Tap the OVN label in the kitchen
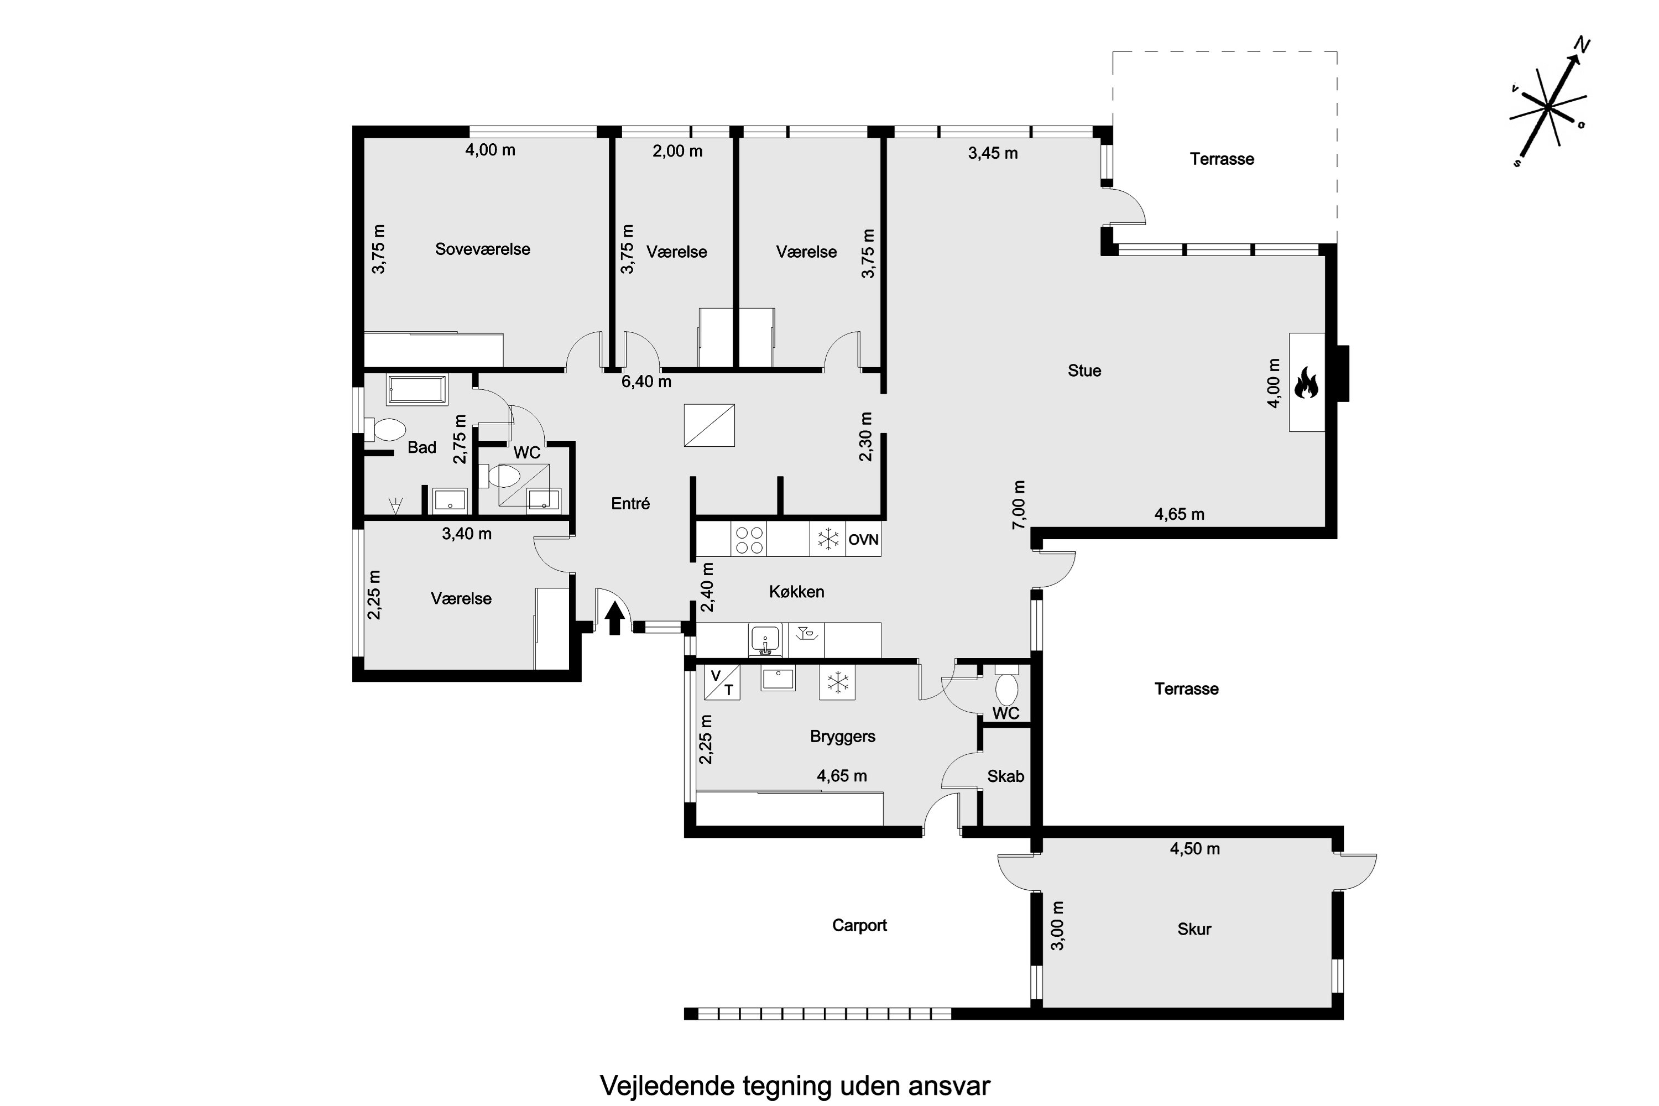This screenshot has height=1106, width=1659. click(x=863, y=540)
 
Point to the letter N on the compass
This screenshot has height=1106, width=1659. click(x=1582, y=46)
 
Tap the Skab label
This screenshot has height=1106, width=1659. click(x=1005, y=776)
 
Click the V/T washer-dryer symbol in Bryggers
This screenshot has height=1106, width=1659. click(x=722, y=682)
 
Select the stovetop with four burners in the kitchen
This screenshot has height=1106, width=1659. click(x=749, y=540)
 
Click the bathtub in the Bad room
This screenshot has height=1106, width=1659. click(x=417, y=390)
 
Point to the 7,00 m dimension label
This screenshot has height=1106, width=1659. click(x=1019, y=504)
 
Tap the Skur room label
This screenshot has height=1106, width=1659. click(x=1193, y=929)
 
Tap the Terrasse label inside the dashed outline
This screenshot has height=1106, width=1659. click(x=1222, y=159)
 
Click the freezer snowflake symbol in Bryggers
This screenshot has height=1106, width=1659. click(x=837, y=682)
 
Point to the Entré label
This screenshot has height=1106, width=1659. click(x=630, y=504)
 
